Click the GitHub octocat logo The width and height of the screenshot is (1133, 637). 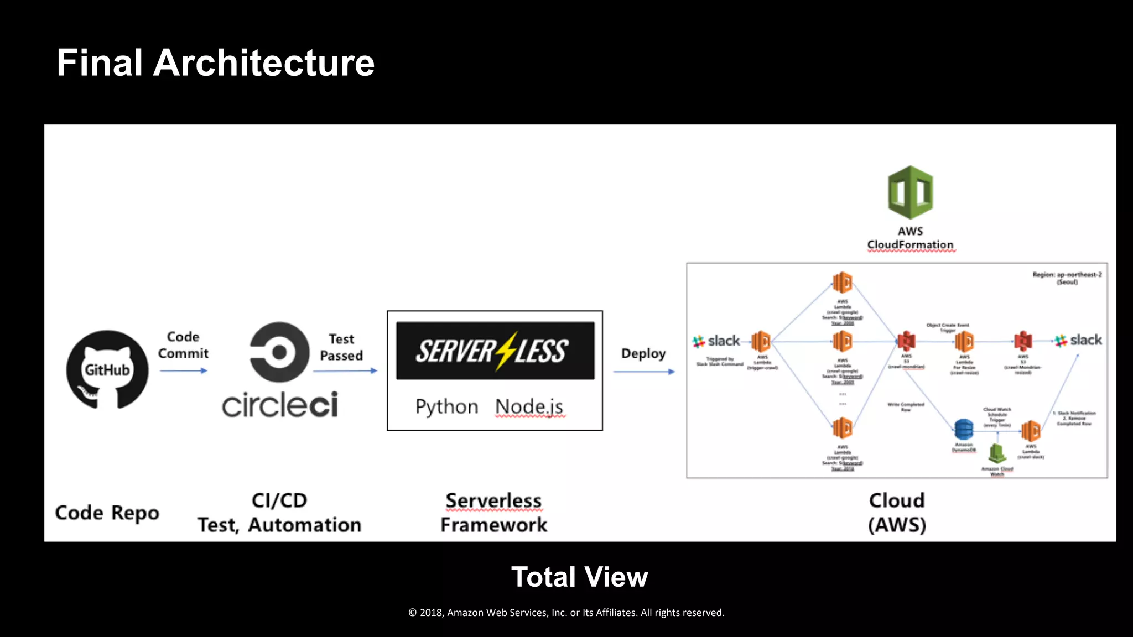coord(107,369)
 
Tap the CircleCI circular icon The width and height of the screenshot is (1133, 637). coord(279,352)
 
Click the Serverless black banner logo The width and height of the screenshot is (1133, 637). coord(495,351)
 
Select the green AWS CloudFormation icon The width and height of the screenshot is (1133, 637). coord(910,192)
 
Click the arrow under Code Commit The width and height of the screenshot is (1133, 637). coord(184,370)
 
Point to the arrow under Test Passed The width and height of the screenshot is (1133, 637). coord(345,370)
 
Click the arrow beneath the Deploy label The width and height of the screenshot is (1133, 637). coord(644,372)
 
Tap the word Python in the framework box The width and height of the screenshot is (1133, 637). coord(446,406)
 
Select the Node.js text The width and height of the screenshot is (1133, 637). coord(529,406)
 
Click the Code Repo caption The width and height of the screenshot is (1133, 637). coord(107,513)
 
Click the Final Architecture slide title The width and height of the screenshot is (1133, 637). coord(216,62)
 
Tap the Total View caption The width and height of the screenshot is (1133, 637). coord(579,577)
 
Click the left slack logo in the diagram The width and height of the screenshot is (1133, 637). coord(716,341)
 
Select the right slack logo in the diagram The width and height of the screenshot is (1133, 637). coord(1078,340)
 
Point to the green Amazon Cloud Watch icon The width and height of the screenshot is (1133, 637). coord(997,453)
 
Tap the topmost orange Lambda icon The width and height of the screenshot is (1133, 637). coord(842,283)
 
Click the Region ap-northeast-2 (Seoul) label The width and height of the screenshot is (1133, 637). coord(1067,278)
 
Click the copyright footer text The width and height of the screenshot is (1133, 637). coord(566,613)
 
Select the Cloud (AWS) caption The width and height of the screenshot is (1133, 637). coord(897,512)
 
